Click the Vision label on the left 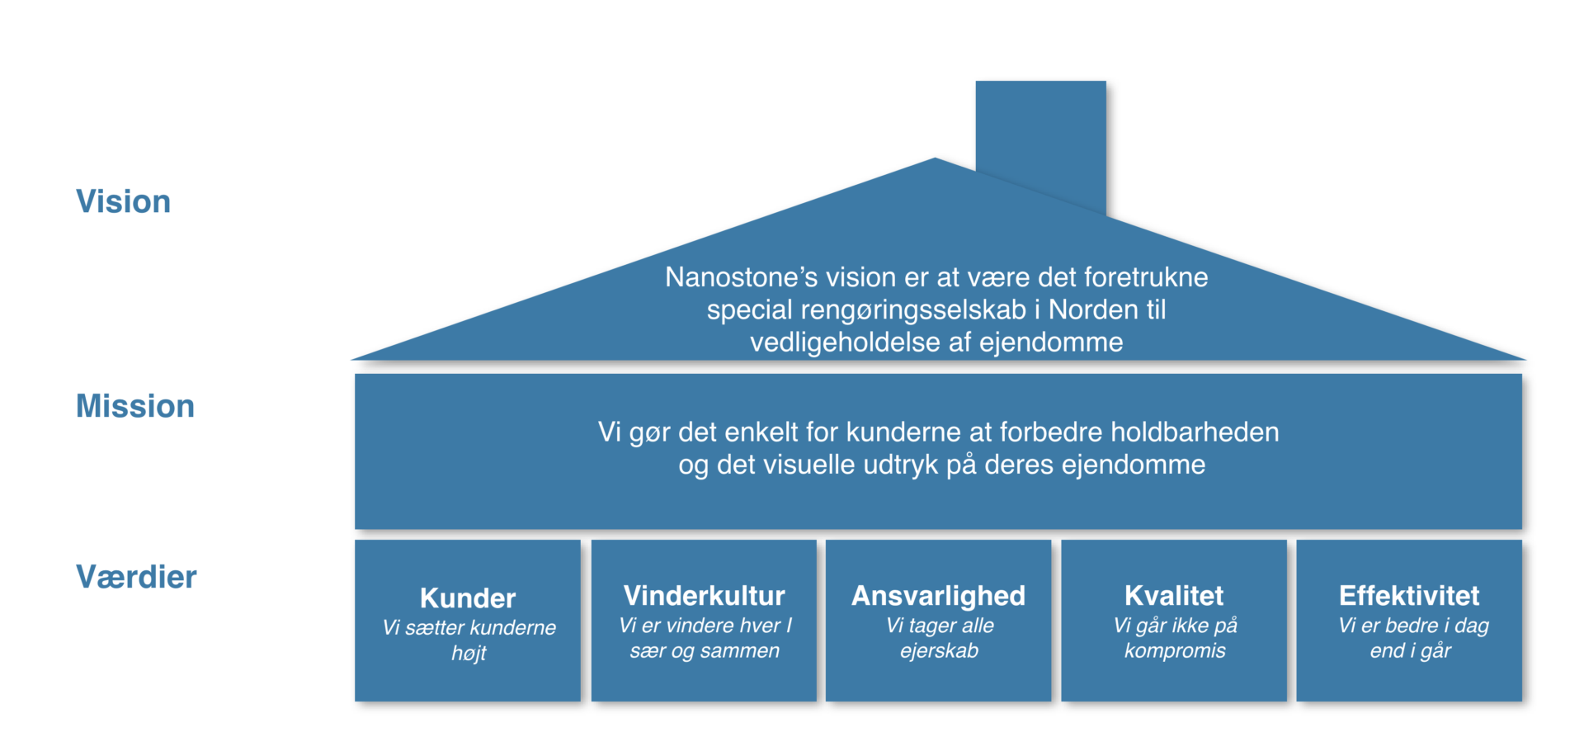pyautogui.click(x=124, y=201)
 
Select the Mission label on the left pyautogui.click(x=135, y=406)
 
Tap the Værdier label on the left pyautogui.click(x=136, y=577)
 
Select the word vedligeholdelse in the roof pyautogui.click(x=845, y=343)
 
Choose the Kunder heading pyautogui.click(x=468, y=598)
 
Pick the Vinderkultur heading pyautogui.click(x=705, y=595)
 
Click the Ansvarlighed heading pyautogui.click(x=939, y=596)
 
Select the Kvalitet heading pyautogui.click(x=1174, y=595)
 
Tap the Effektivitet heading pyautogui.click(x=1409, y=595)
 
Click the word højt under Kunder pyautogui.click(x=469, y=653)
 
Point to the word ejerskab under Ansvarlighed pyautogui.click(x=939, y=651)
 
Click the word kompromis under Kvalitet pyautogui.click(x=1175, y=651)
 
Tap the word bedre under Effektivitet pyautogui.click(x=1412, y=626)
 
